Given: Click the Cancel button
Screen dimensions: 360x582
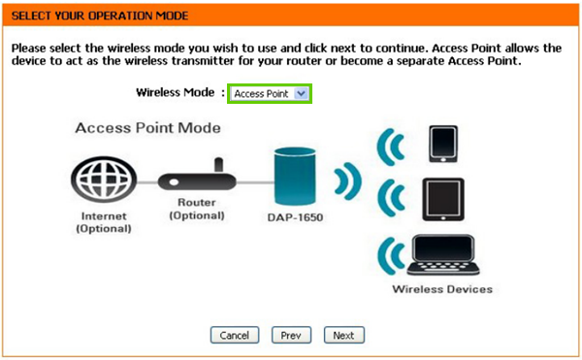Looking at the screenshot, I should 235,335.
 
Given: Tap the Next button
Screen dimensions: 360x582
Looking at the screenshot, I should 343,335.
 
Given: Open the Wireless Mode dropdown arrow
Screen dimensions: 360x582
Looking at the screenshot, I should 301,93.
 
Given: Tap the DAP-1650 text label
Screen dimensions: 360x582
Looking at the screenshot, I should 297,218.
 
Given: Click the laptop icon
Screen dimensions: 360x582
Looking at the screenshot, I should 441,255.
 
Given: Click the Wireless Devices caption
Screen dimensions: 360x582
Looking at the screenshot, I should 441,289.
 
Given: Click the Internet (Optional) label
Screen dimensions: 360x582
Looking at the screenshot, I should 102,222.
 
